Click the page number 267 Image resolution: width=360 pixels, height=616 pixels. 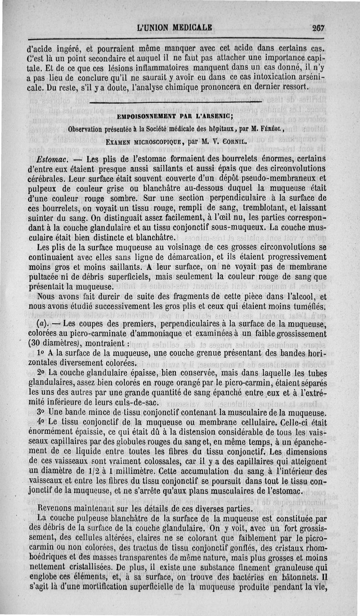click(x=319, y=27)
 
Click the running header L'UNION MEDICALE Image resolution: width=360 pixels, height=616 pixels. click(x=175, y=27)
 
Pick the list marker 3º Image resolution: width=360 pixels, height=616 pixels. click(x=42, y=412)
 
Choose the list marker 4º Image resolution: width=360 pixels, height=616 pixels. click(x=42, y=422)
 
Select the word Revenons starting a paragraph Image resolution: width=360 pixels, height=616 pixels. click(x=56, y=508)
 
